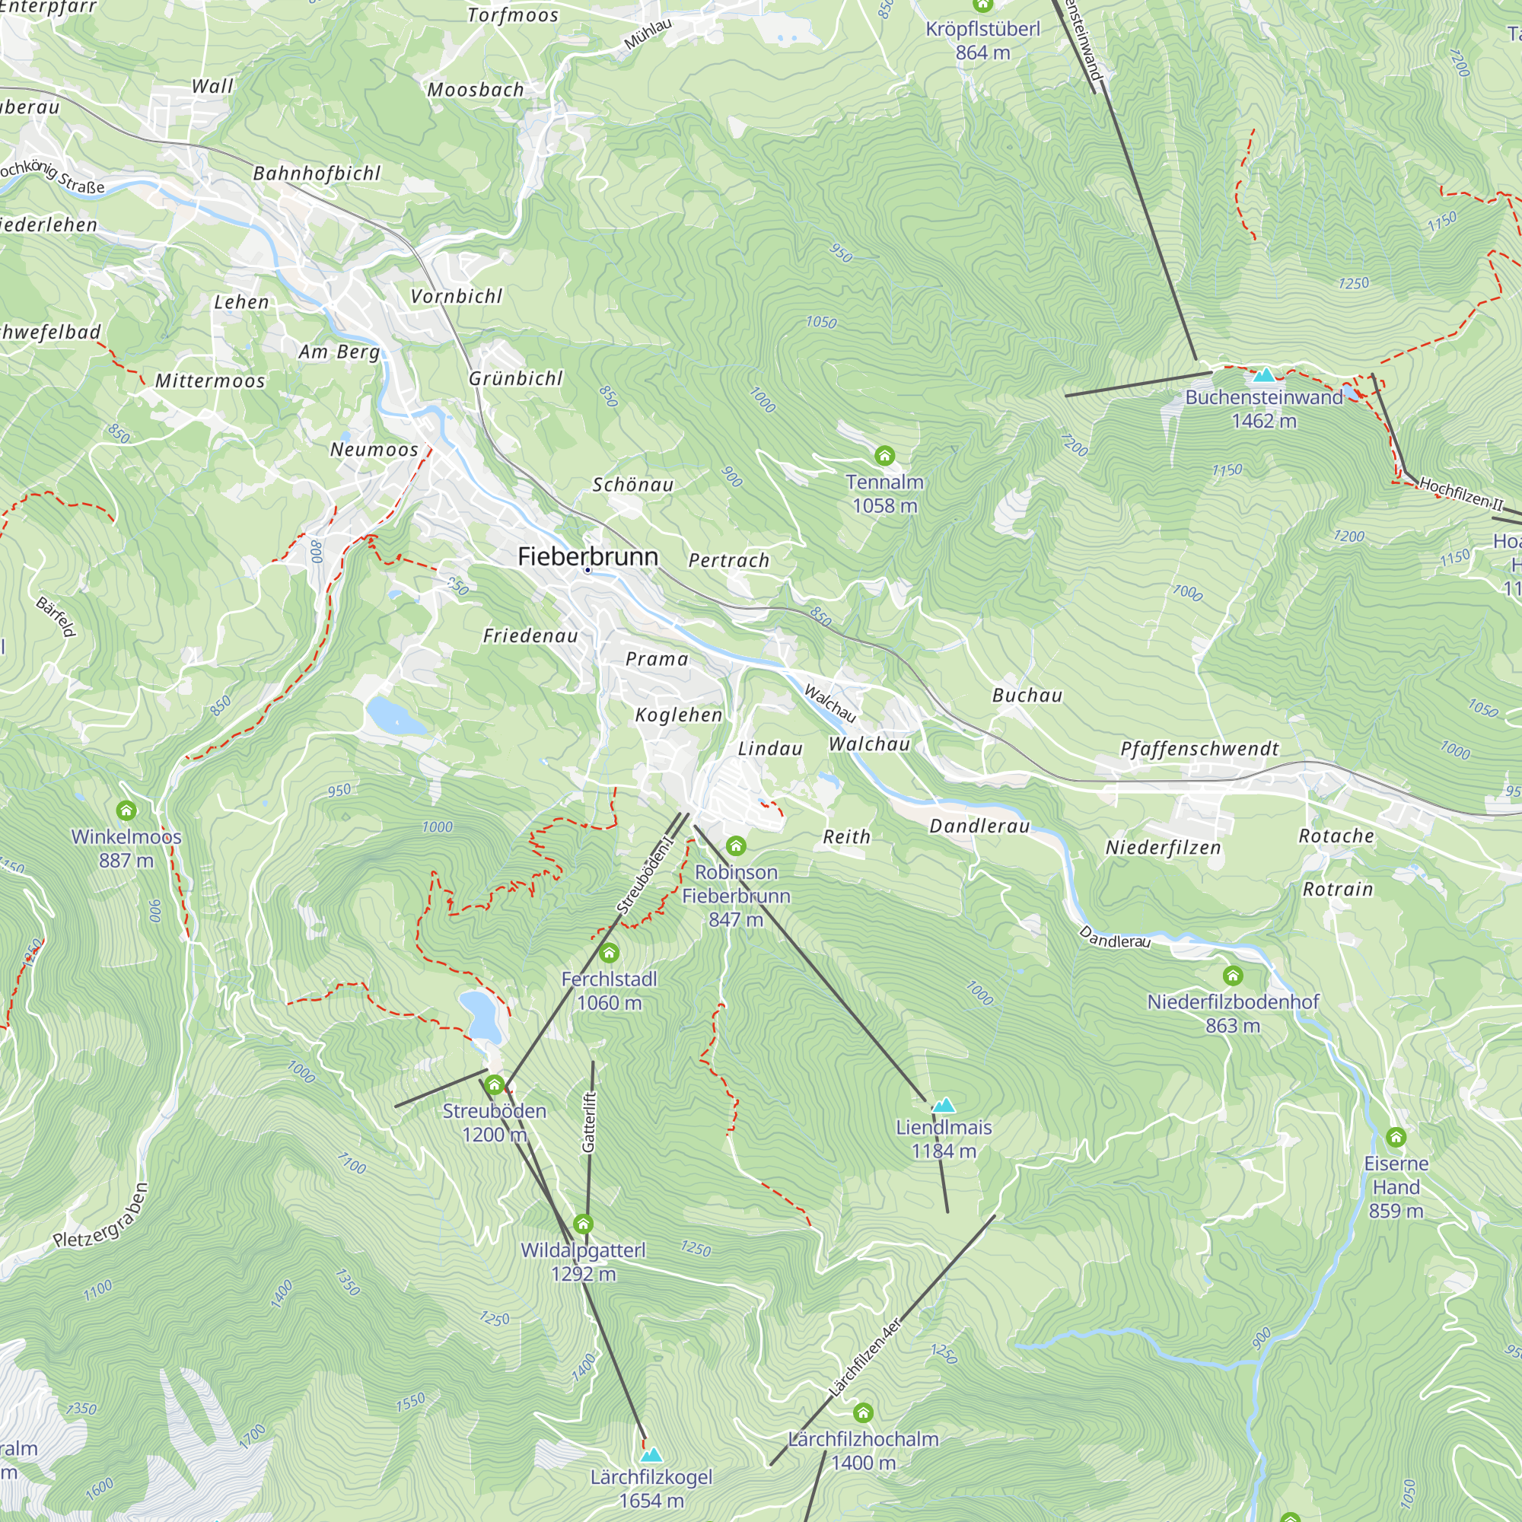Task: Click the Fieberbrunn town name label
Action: point(587,557)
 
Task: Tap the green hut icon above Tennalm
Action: point(885,455)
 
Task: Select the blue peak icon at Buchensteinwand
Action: point(1263,375)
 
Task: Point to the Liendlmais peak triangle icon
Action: point(943,1105)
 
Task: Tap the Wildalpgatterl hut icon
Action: point(583,1224)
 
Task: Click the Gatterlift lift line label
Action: point(589,1122)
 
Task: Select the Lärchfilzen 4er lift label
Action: point(864,1358)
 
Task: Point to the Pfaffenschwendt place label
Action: point(1199,749)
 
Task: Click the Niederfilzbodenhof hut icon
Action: point(1233,976)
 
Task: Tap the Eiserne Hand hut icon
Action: point(1396,1138)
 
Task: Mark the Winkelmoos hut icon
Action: point(126,810)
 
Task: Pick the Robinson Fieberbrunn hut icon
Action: point(736,846)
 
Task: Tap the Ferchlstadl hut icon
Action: point(609,954)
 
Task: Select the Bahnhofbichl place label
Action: point(317,174)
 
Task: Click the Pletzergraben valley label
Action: point(100,1216)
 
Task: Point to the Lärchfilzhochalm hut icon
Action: point(864,1412)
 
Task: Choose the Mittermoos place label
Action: point(209,381)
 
